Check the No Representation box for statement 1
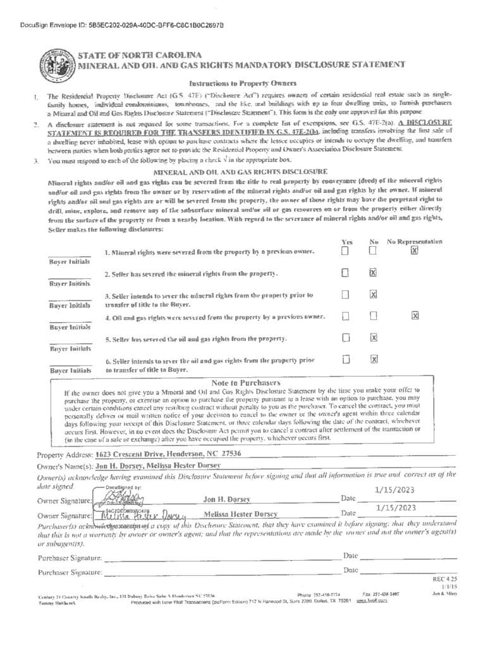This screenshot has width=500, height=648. [x=415, y=251]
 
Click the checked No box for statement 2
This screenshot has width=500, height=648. [x=373, y=272]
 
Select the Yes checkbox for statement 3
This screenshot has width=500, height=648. [x=345, y=294]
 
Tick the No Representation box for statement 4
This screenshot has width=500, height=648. [x=415, y=316]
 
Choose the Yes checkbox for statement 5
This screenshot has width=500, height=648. [x=345, y=337]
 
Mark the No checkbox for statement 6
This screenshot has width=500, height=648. [x=374, y=359]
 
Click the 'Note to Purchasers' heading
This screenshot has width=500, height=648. [x=245, y=383]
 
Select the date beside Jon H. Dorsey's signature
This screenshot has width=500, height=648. [x=395, y=489]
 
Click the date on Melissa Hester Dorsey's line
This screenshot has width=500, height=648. [x=395, y=507]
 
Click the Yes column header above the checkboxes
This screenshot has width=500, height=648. [x=346, y=241]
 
